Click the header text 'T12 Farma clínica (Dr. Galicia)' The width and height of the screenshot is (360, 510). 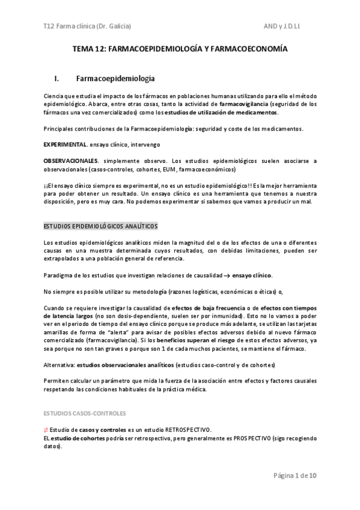click(87, 26)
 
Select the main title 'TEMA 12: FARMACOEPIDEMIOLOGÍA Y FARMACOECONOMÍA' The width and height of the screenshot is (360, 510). click(180, 50)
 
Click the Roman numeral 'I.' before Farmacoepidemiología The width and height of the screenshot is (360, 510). click(56, 78)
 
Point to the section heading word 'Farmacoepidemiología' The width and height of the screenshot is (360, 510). click(115, 78)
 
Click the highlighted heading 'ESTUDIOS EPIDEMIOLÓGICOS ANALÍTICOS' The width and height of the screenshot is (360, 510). click(100, 226)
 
